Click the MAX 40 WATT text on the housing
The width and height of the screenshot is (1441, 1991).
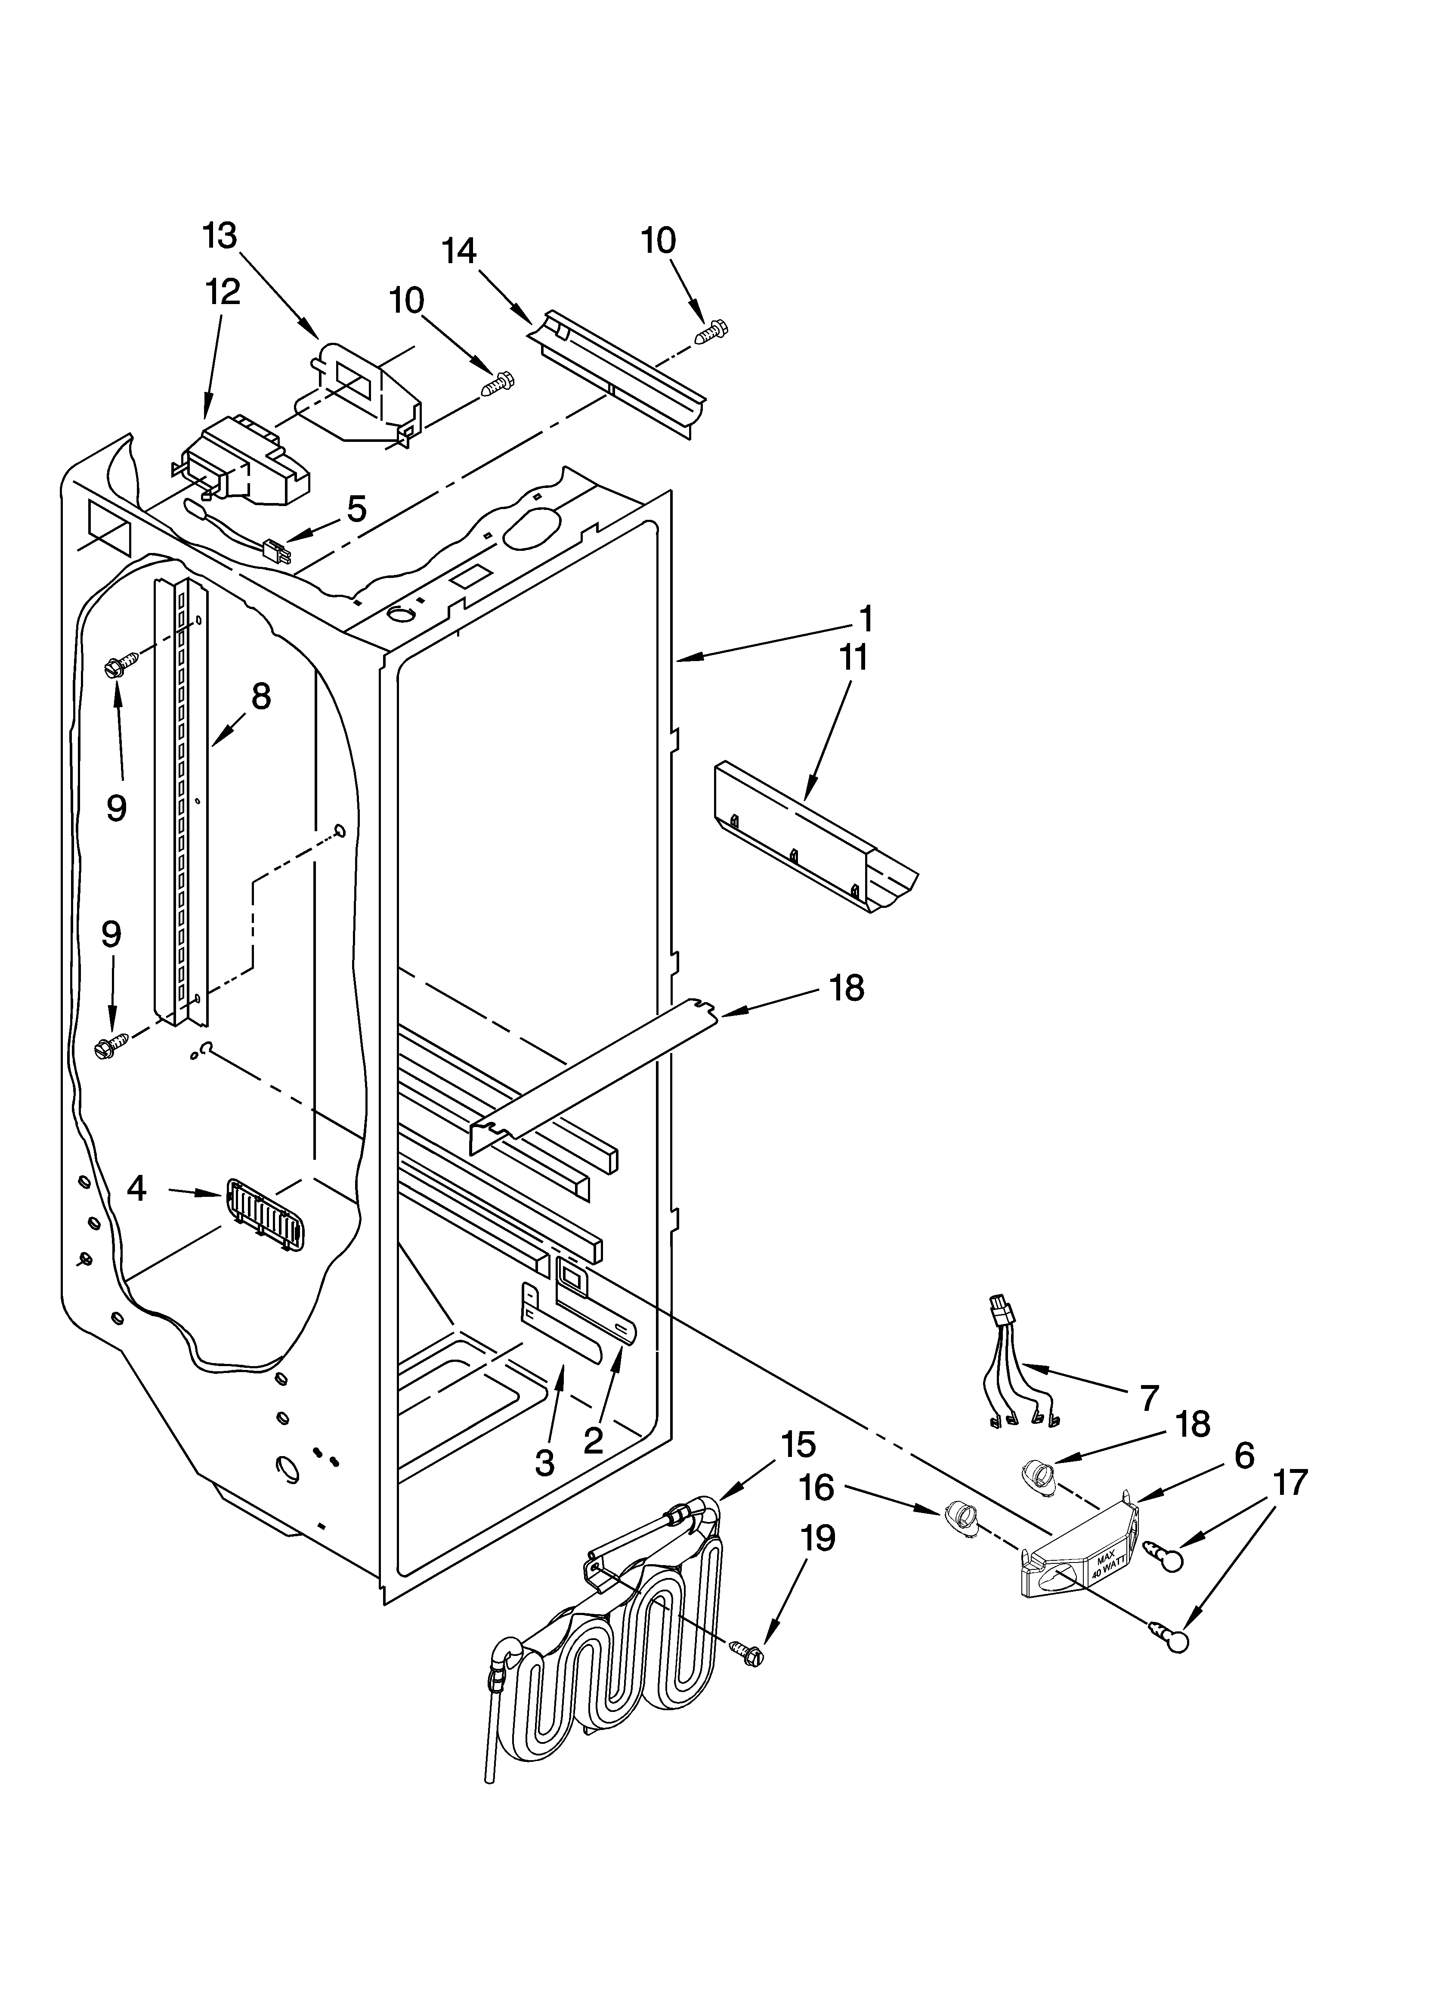(1107, 1562)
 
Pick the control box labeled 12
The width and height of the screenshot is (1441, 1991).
(246, 461)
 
